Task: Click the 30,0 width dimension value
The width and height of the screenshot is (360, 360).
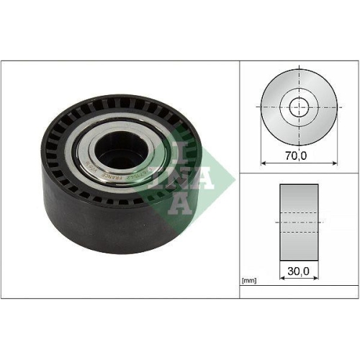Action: [x=297, y=271]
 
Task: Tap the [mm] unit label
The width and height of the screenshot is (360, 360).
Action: [x=250, y=281]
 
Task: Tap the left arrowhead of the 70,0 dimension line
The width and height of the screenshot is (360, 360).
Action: [x=264, y=161]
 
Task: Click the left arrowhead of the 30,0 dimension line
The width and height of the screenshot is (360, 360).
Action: [x=281, y=280]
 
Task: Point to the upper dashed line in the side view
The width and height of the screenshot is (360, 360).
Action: [x=298, y=212]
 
